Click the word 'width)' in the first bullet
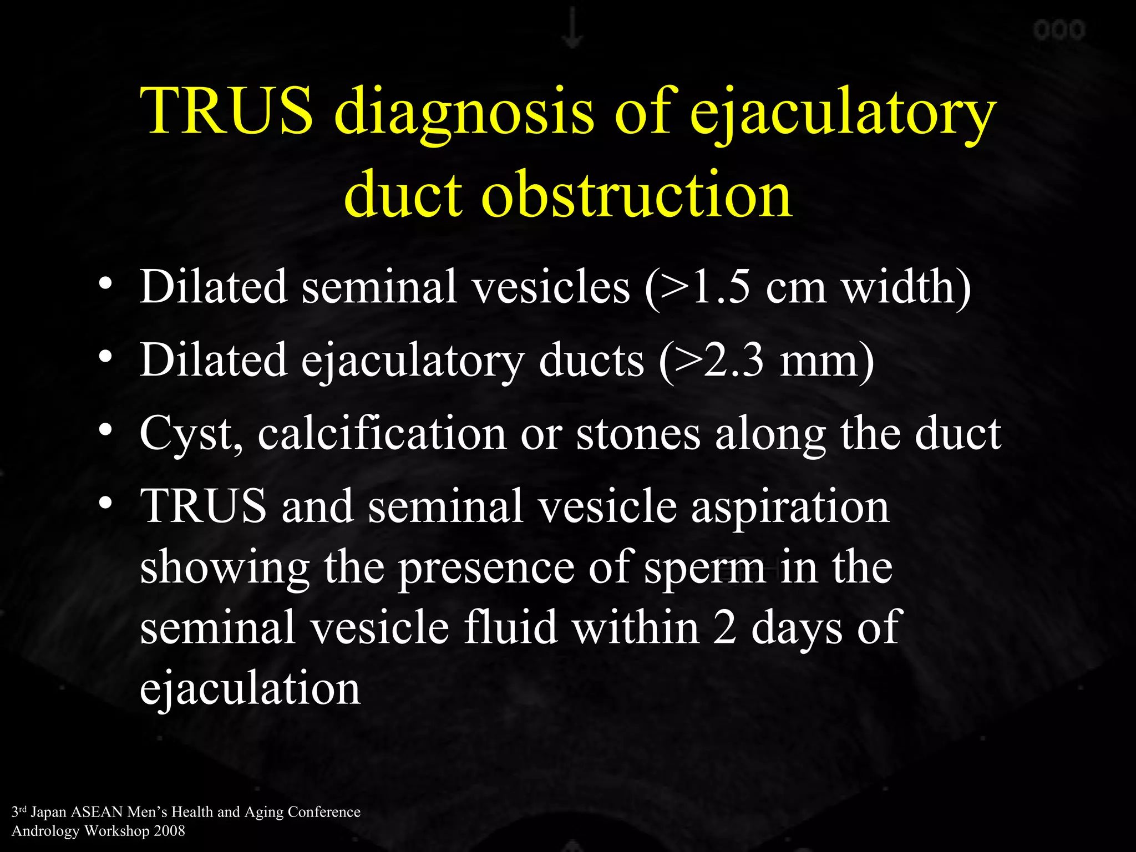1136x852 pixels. (906, 287)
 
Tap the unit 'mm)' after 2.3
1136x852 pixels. (826, 360)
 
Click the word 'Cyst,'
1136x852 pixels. (191, 434)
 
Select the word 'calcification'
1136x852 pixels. (382, 433)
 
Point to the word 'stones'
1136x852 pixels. (638, 433)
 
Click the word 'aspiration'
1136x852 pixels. (790, 506)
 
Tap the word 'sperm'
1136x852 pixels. (704, 568)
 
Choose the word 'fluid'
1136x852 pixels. (510, 627)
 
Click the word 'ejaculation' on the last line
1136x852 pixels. (250, 688)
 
